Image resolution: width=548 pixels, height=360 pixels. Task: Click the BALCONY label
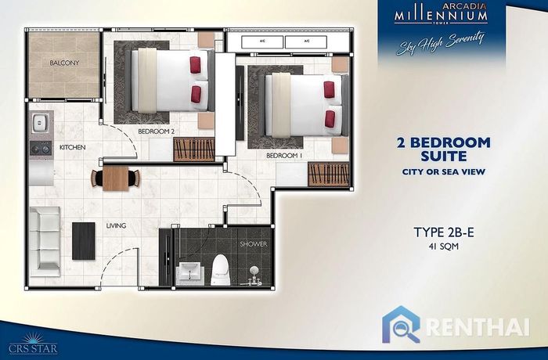click(64, 63)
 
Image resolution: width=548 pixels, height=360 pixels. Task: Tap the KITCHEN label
click(72, 147)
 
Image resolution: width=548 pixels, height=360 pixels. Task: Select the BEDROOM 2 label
click(157, 131)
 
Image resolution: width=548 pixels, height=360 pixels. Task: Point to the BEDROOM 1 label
click(284, 156)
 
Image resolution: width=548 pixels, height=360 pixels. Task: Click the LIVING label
click(116, 226)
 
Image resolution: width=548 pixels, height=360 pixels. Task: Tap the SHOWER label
click(254, 244)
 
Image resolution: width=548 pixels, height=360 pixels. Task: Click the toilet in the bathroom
click(221, 270)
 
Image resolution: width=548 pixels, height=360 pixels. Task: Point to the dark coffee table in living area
click(84, 241)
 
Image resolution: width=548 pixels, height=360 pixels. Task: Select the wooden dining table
click(116, 178)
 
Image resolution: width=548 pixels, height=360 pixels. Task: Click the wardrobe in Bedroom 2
click(194, 149)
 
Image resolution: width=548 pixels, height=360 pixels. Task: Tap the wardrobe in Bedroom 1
click(329, 174)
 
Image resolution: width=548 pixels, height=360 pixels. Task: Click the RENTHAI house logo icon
click(401, 325)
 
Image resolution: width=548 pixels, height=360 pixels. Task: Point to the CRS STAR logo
click(33, 344)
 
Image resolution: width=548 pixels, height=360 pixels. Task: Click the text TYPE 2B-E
click(444, 232)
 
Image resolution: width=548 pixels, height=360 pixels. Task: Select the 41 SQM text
click(444, 247)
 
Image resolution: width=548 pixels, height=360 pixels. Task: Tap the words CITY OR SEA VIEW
click(444, 172)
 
